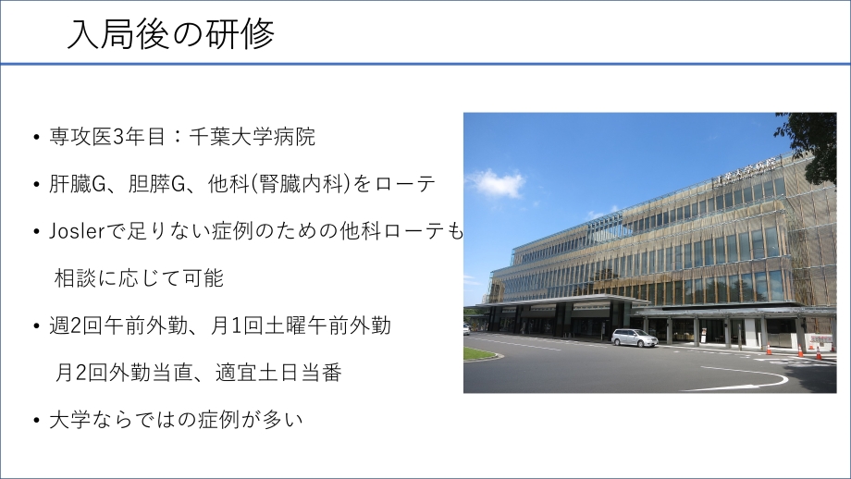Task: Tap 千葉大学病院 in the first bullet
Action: coord(252,136)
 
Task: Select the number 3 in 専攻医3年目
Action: coord(117,136)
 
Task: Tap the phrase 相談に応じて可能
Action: coord(139,278)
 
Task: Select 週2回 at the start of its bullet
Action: coord(76,326)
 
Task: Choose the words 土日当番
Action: coord(300,374)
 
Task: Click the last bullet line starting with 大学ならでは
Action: coord(176,420)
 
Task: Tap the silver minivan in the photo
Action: coord(635,338)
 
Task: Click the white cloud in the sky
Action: coord(497,183)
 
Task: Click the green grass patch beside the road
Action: coord(479,353)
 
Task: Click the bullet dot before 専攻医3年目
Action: coord(36,137)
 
